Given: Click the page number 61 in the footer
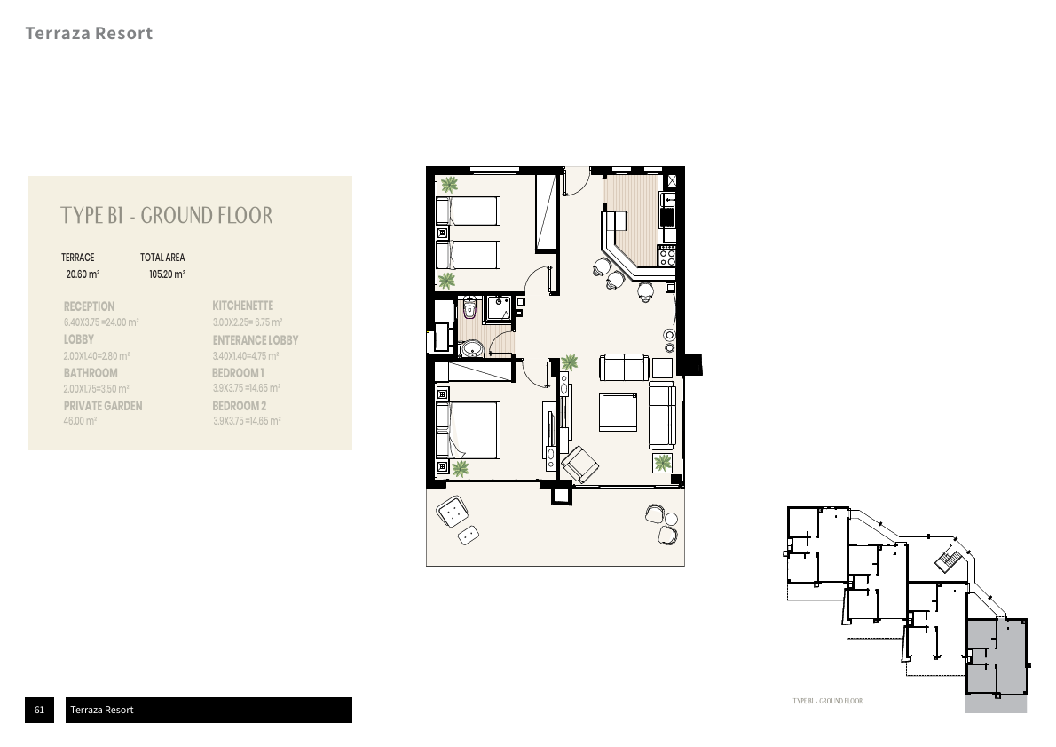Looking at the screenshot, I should point(39,710).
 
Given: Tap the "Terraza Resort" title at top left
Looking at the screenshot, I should point(89,34).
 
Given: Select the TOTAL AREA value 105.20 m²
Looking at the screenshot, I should point(167,275).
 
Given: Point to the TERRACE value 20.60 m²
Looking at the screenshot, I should point(83,275).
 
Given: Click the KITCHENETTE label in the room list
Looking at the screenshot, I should point(243,306).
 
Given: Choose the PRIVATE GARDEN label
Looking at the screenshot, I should point(103,406).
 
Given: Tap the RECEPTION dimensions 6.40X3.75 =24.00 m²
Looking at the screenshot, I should point(102,322).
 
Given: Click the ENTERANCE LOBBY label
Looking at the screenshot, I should point(256,340).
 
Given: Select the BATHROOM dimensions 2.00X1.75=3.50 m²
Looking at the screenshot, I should point(97,389).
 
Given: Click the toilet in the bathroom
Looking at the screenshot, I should point(469,310).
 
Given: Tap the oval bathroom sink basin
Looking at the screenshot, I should point(472,347).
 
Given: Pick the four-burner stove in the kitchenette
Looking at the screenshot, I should point(667,257).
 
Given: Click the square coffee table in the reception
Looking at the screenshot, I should point(618,411).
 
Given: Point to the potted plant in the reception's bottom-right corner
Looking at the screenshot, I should point(662,462).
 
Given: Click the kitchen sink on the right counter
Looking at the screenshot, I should point(670,201).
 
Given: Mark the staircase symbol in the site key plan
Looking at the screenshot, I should point(949,561).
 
